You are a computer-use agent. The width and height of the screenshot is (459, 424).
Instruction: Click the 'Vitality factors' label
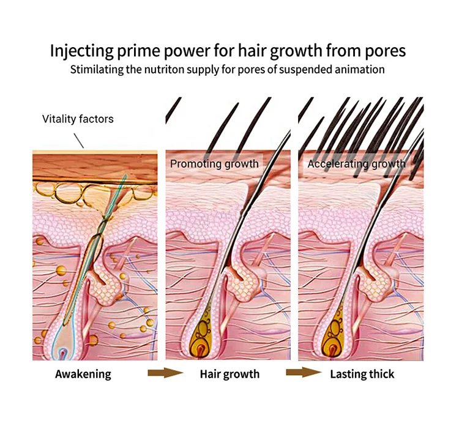(78, 119)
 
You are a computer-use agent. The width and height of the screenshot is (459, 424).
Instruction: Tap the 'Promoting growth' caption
(214, 164)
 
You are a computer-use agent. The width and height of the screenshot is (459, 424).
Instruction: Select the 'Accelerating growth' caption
(356, 164)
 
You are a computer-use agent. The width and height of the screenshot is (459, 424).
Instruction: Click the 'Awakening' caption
(83, 374)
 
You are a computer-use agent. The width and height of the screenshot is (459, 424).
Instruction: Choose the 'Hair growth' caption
(229, 374)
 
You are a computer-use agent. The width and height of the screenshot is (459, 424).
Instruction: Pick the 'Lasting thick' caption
(362, 374)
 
